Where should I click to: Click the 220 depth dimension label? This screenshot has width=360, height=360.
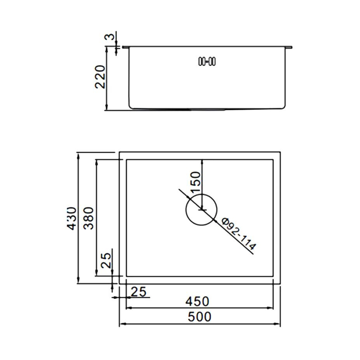[x=100, y=77]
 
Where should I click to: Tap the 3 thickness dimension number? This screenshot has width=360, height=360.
[x=110, y=37]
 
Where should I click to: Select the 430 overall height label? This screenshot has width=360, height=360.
[x=72, y=218]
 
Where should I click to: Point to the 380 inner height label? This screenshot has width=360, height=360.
[x=89, y=218]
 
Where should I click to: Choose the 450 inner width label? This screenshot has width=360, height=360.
[x=197, y=301]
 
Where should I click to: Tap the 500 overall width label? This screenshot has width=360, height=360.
[x=199, y=317]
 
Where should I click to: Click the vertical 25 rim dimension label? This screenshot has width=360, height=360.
[x=106, y=261]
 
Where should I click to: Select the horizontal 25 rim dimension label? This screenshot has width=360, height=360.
[x=138, y=292]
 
